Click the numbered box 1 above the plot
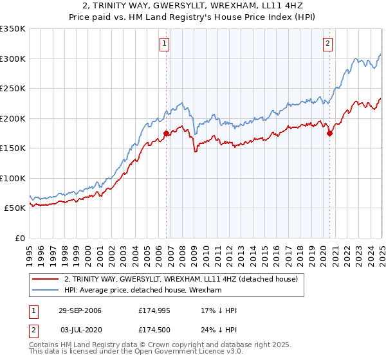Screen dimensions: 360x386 [165, 44]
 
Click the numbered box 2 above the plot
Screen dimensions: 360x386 [327, 44]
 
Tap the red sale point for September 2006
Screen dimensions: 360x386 [167, 134]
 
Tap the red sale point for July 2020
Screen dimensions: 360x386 [329, 134]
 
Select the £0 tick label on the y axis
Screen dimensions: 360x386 [20, 238]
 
